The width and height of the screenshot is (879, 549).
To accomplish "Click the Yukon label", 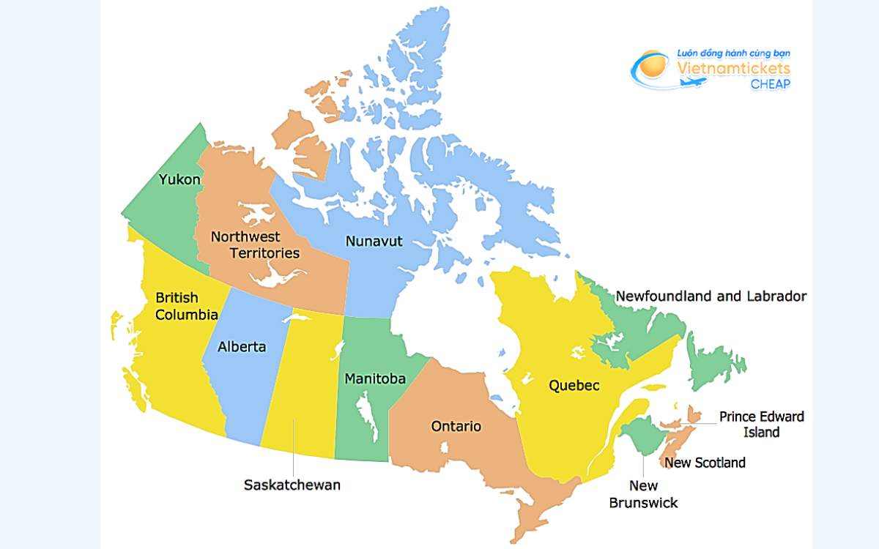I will point(179,179).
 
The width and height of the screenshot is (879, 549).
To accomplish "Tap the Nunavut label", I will point(374,241).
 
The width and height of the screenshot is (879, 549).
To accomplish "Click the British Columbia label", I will point(186,307).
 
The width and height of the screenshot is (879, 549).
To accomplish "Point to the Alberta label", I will point(242,346).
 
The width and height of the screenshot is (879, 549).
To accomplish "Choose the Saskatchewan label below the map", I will point(292,485).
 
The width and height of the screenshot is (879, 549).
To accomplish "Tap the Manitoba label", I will point(375,379).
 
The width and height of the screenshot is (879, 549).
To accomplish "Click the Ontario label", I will point(456,426).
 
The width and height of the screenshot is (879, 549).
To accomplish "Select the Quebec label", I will point(574,386).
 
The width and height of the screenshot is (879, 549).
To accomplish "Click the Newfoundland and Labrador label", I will point(711,296).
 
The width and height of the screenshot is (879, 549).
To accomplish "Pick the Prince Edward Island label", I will point(761,424).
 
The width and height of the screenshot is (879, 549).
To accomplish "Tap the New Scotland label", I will point(705,463).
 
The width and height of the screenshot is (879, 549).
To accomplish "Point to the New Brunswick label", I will point(643,494).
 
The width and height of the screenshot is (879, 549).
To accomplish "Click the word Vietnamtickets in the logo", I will point(733,67).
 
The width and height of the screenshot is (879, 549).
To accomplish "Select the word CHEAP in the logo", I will point(770,83).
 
